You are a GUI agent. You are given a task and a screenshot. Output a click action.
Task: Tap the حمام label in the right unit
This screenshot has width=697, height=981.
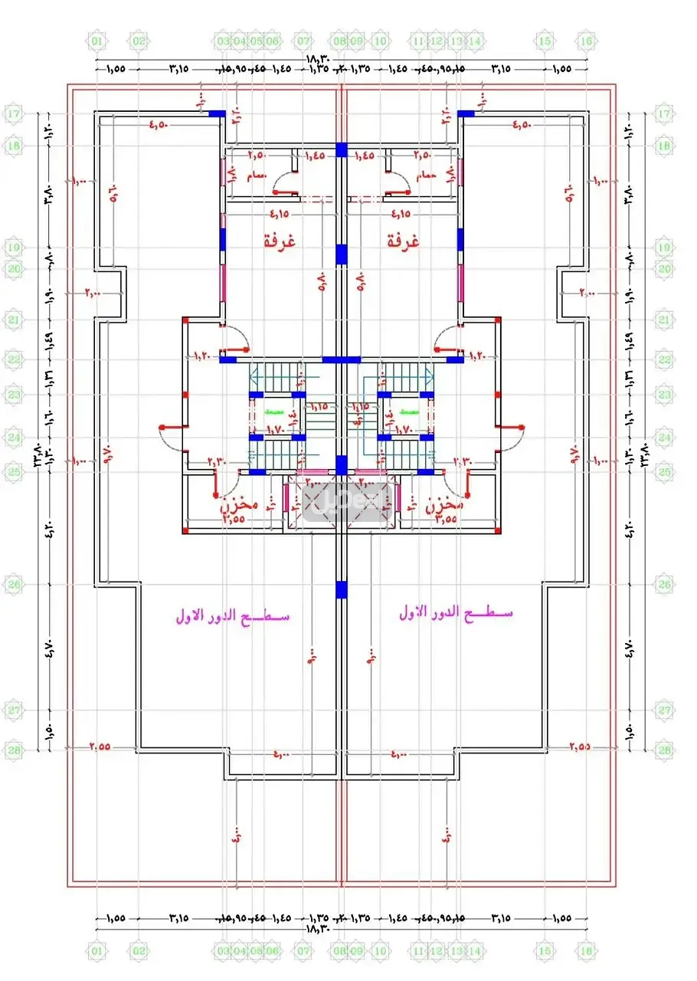click(425, 176)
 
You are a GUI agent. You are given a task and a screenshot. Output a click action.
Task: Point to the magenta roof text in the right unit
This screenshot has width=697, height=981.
click(456, 613)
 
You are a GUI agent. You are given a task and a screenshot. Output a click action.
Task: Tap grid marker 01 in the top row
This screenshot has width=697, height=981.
click(97, 41)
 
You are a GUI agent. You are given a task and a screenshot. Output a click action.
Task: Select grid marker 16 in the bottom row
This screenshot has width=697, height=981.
click(586, 951)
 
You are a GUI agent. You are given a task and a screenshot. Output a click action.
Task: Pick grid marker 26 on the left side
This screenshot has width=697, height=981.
click(15, 585)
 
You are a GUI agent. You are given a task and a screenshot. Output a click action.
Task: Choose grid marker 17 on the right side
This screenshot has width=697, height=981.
click(663, 114)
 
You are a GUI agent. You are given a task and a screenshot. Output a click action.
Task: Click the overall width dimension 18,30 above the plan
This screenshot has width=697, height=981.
click(318, 59)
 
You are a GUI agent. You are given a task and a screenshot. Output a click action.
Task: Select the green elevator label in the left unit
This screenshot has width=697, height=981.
click(273, 412)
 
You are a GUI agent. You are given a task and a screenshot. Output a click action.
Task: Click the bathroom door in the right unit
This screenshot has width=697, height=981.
click(398, 184)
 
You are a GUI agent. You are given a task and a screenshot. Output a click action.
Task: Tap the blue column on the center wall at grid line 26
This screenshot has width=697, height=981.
click(341, 589)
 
